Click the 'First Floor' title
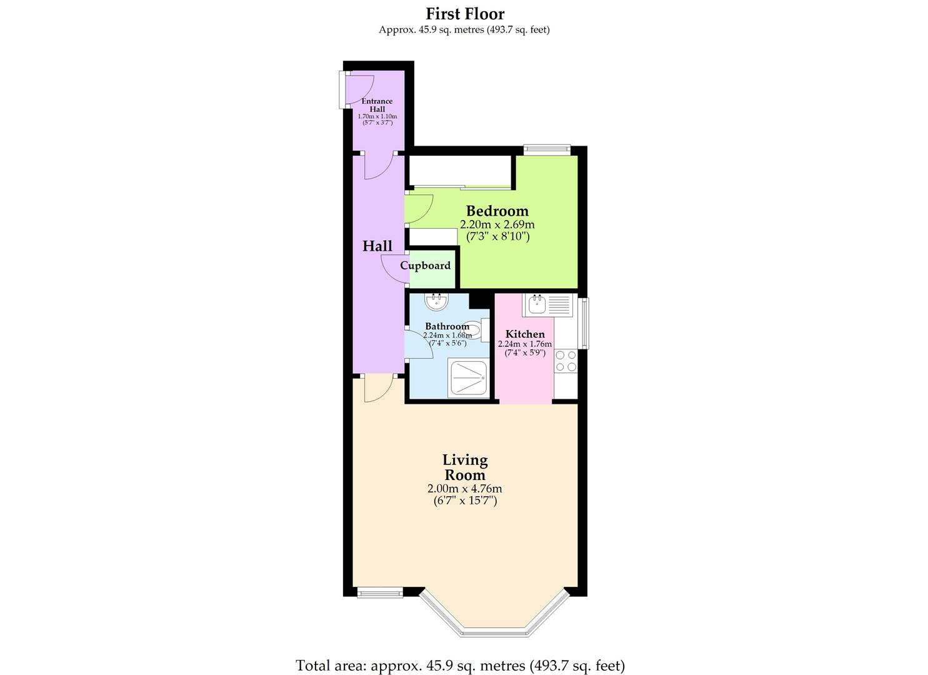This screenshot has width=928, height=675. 464,13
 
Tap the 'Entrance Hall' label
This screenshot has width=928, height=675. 377,105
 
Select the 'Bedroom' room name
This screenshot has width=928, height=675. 497,211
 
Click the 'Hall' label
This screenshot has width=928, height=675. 377,246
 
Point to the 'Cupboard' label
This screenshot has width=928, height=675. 425,266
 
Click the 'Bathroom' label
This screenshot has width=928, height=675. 446,326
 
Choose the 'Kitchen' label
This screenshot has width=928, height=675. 524,334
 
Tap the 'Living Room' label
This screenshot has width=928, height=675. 465,467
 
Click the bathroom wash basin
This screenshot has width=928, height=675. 436,302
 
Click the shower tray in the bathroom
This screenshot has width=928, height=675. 469,378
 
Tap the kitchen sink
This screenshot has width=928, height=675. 537,305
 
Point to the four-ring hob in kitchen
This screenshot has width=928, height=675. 566,361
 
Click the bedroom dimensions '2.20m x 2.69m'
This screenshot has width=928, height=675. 497,224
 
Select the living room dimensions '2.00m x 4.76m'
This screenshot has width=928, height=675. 465,489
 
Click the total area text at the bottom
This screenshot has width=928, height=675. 460,665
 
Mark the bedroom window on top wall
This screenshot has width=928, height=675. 547,149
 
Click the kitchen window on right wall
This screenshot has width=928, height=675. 584,323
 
